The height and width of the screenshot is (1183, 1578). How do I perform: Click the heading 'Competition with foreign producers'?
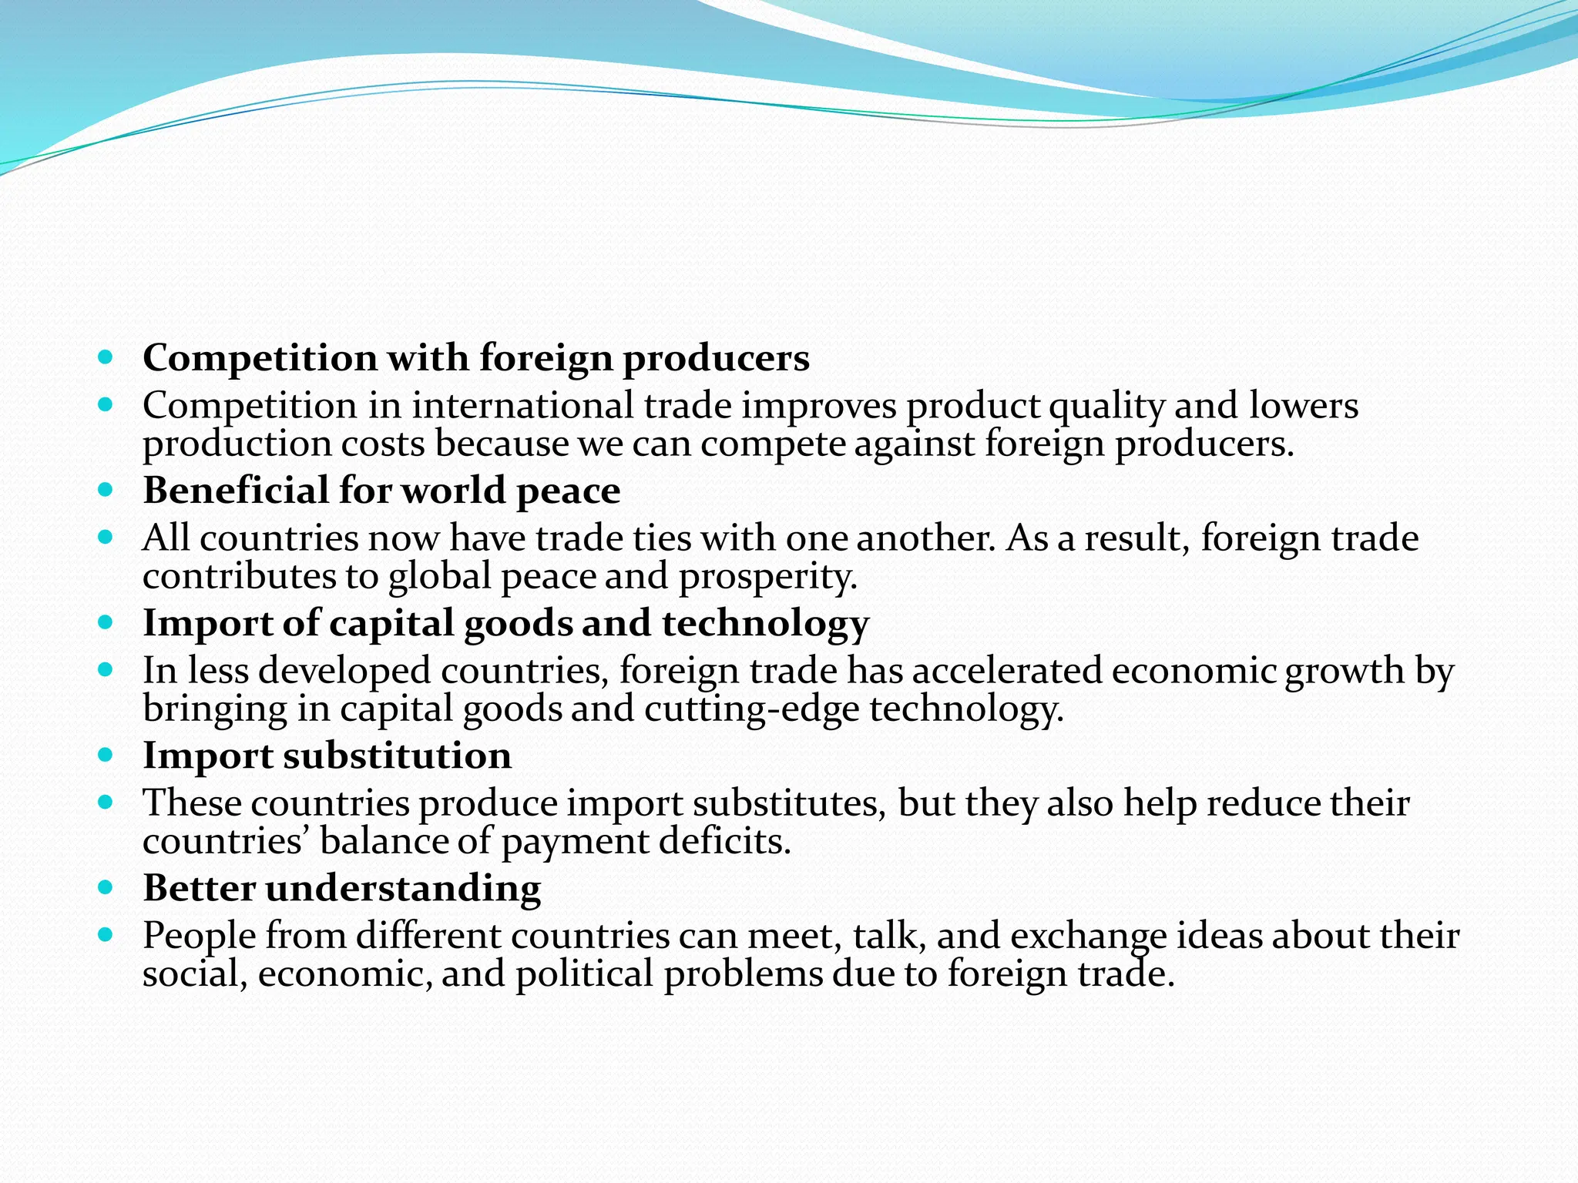(476, 358)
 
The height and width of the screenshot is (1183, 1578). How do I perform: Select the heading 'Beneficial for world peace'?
(381, 491)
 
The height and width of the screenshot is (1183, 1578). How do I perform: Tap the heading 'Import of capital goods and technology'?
(505, 623)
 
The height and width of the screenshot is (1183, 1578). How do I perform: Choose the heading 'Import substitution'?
(327, 756)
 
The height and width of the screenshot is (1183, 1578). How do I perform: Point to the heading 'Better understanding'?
(341, 888)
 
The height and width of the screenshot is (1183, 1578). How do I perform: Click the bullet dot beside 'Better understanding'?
(106, 887)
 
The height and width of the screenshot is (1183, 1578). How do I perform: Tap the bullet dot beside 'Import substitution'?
(106, 755)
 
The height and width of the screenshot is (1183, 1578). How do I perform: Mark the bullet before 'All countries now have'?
(106, 536)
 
